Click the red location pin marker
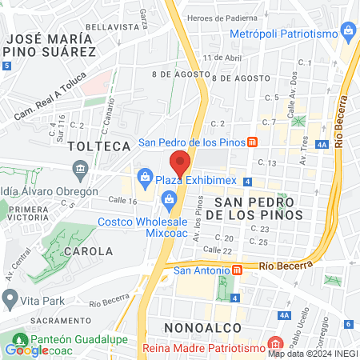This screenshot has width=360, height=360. (181, 162)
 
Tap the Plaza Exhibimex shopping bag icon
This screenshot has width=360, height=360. (146, 176)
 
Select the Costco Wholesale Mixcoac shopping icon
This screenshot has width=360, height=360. (169, 198)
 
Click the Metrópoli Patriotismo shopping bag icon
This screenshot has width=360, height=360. (348, 33)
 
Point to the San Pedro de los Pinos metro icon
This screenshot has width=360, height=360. (252, 143)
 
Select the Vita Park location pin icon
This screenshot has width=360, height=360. (10, 300)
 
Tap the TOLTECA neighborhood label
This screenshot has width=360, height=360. (99, 146)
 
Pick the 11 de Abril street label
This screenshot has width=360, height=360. (222, 58)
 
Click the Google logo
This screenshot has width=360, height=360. (26, 350)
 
